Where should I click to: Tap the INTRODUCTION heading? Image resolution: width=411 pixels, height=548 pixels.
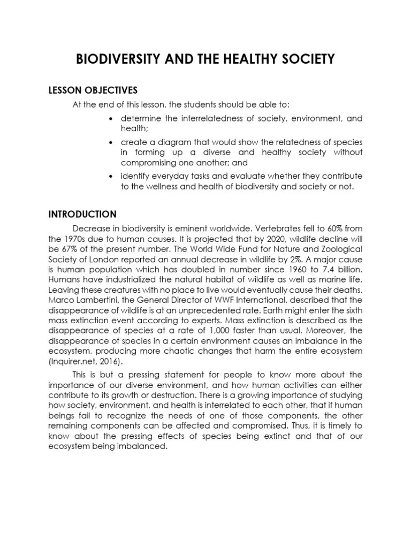pos(82,214)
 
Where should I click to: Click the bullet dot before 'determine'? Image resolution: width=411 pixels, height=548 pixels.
pos(110,118)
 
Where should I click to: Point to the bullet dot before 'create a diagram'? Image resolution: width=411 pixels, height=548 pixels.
pos(110,143)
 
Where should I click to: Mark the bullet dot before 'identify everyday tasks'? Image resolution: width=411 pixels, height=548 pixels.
pos(110,176)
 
